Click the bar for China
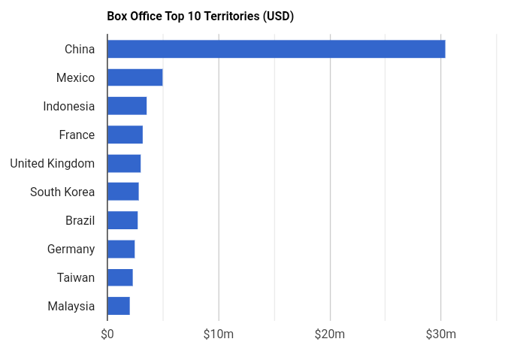pyautogui.click(x=276, y=49)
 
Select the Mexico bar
pyautogui.click(x=135, y=77)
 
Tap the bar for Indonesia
pyautogui.click(x=127, y=106)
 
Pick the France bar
pyautogui.click(x=125, y=135)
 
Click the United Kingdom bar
pyautogui.click(x=124, y=163)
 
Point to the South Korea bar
pyautogui.click(x=122, y=192)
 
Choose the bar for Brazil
pyautogui.click(x=122, y=220)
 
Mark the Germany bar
pyautogui.click(x=121, y=249)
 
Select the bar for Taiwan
pyautogui.click(x=120, y=277)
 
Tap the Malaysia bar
pyautogui.click(x=119, y=306)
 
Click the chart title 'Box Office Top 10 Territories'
pyautogui.click(x=200, y=16)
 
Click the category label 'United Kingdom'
pyautogui.click(x=53, y=163)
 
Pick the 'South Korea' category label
pyautogui.click(x=62, y=192)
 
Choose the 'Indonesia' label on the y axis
pyautogui.click(x=69, y=106)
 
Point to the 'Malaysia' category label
pyautogui.click(x=71, y=306)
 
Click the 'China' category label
pyautogui.click(x=80, y=49)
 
